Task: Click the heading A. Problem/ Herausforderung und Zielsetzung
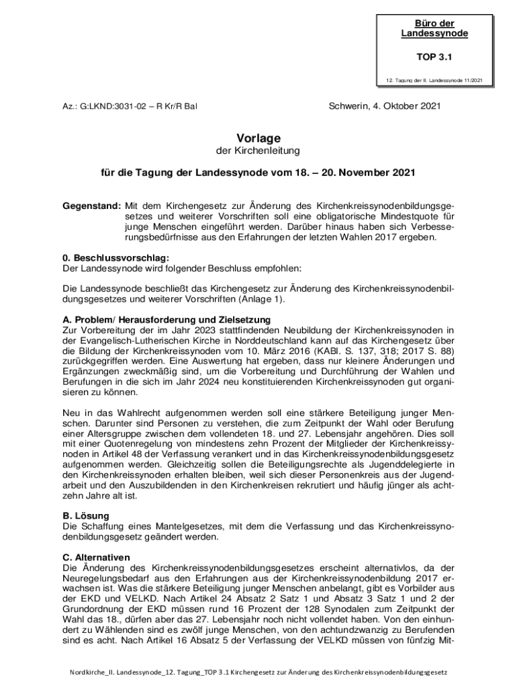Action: [x=166, y=319]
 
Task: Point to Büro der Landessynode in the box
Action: [x=434, y=28]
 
